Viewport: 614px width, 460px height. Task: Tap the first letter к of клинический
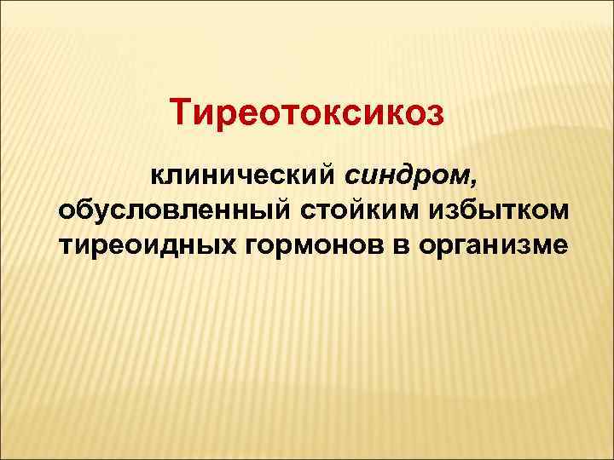(158, 176)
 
